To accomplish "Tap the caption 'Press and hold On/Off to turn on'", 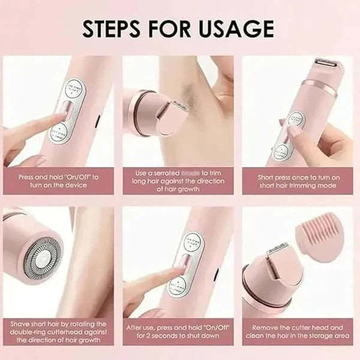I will (58, 181).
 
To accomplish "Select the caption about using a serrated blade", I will (179, 181).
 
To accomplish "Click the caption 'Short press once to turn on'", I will (299, 181).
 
